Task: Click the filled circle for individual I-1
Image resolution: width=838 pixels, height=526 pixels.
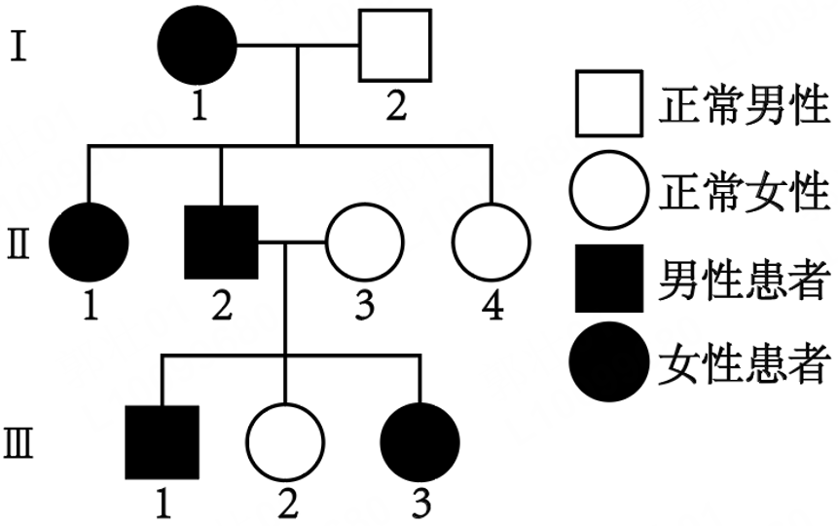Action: coord(200,46)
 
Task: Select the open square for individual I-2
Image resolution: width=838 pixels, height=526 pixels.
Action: coord(395,46)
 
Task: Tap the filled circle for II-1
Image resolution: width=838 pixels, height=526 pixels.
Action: coord(90,242)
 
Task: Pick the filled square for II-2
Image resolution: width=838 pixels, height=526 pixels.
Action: coord(222,242)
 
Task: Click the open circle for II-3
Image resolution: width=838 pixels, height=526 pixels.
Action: coord(363,242)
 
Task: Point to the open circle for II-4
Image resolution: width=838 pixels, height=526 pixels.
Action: coord(492,242)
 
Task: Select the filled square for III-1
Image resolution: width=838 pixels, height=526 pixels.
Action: coord(163,441)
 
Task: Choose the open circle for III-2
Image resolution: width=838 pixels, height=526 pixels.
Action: coord(283,441)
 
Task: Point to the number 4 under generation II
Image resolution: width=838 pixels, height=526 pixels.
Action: coord(492,305)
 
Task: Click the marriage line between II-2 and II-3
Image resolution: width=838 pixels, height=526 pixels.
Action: coord(291,242)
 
